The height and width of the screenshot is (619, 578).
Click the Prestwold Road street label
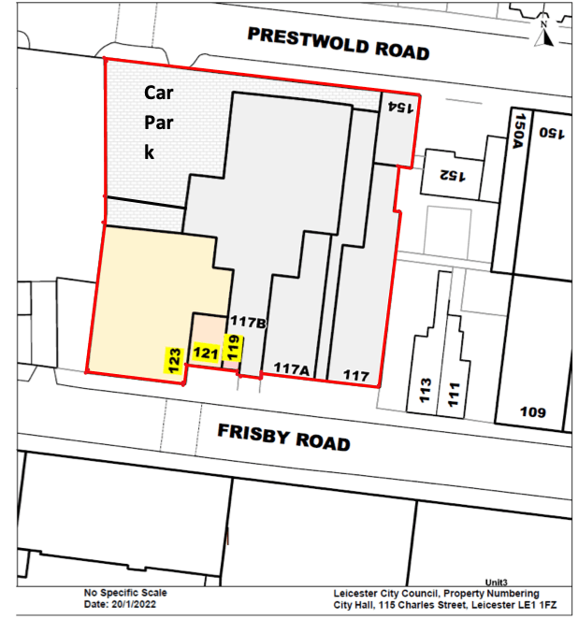[338, 44]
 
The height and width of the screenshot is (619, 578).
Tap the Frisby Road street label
[284, 436]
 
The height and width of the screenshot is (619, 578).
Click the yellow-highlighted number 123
[174, 360]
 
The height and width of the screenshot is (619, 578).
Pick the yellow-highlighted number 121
[205, 353]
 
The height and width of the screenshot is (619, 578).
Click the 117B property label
[249, 324]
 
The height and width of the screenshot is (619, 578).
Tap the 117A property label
[291, 368]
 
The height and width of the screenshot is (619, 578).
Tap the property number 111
[454, 390]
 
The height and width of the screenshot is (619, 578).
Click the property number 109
[533, 411]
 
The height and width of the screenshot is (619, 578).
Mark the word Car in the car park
[157, 93]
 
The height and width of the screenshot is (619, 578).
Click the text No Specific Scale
[125, 593]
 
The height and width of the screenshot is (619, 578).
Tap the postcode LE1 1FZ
[534, 604]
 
